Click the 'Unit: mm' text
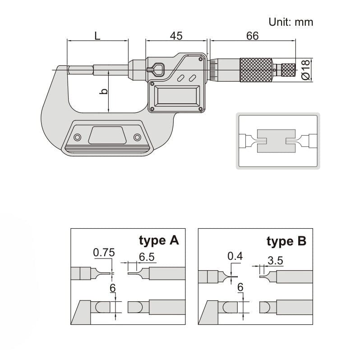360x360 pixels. pyautogui.click(x=291, y=21)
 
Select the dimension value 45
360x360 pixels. pyautogui.click(x=176, y=36)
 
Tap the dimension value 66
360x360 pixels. pyautogui.click(x=252, y=36)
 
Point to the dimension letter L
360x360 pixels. pyautogui.click(x=97, y=36)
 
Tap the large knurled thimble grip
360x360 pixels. pyautogui.click(x=256, y=69)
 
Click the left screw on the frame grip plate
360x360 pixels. pyautogui.click(x=78, y=137)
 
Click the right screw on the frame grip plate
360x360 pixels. pyautogui.click(x=137, y=137)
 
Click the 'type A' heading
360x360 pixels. pyautogui.click(x=159, y=240)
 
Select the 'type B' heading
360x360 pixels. pyautogui.click(x=286, y=241)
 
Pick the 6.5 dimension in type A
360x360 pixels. pyautogui.click(x=147, y=257)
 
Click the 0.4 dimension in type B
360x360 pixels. pyautogui.click(x=235, y=256)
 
